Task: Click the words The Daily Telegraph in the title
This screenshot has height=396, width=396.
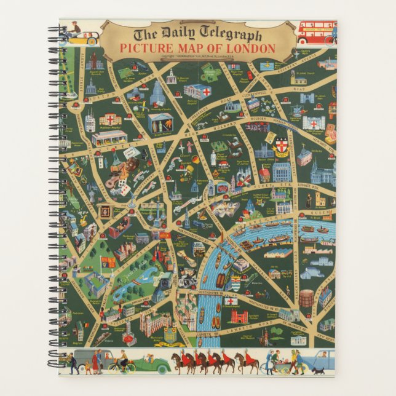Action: point(197,35)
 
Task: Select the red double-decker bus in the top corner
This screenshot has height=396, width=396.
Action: point(316,32)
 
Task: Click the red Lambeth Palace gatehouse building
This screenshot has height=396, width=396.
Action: point(239,317)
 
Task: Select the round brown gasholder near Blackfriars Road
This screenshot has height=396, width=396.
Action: point(306,298)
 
